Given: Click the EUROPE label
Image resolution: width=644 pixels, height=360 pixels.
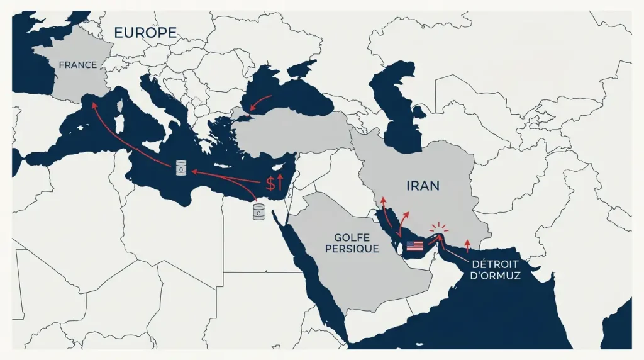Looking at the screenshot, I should tap(145, 33).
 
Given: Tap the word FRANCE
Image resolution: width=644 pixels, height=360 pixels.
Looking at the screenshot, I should tap(77, 65).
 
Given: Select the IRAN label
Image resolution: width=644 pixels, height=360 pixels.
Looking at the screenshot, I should tap(422, 186).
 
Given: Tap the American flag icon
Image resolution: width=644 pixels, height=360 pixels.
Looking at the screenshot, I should tap(415, 246).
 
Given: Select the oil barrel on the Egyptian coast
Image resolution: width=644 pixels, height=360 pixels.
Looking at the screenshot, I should tap(258, 211).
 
